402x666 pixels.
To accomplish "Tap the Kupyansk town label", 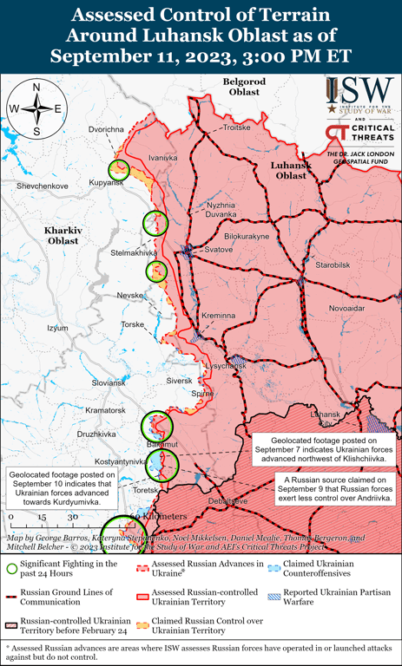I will (105, 183).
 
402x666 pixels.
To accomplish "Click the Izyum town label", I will (57, 328).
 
